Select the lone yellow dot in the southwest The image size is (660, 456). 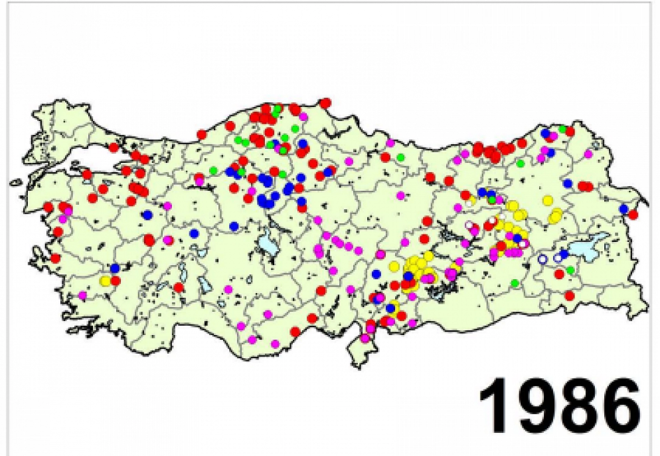(105, 281)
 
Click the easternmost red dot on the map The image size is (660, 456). (633, 214)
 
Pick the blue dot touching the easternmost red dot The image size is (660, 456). (624, 209)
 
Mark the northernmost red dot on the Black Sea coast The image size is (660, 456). (325, 103)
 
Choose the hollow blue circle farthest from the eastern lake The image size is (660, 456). (542, 259)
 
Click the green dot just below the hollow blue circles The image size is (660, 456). (570, 270)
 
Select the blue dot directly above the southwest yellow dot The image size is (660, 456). (115, 268)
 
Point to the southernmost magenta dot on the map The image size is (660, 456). (275, 344)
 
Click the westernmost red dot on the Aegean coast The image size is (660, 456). (49, 207)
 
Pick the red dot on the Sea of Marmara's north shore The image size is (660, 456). (113, 148)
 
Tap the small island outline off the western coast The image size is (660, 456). (16, 183)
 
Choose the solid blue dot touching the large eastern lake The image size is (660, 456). (564, 254)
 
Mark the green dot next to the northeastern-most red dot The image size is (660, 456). (562, 129)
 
